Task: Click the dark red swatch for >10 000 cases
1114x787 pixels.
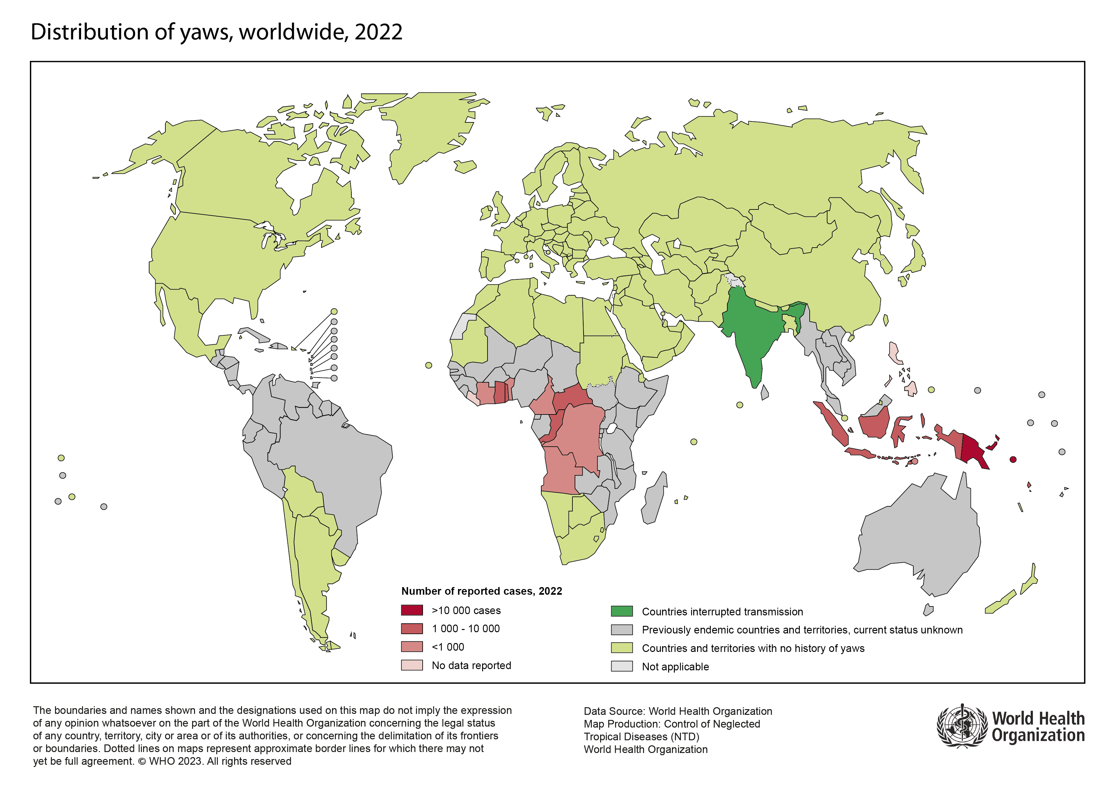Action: (412, 610)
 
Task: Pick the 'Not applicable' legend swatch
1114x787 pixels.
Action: (621, 666)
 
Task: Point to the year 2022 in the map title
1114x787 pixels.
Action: (378, 32)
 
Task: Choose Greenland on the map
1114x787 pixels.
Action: (427, 131)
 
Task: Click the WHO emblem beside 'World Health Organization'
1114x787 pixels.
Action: (962, 726)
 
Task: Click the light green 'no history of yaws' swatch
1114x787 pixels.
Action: (621, 648)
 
